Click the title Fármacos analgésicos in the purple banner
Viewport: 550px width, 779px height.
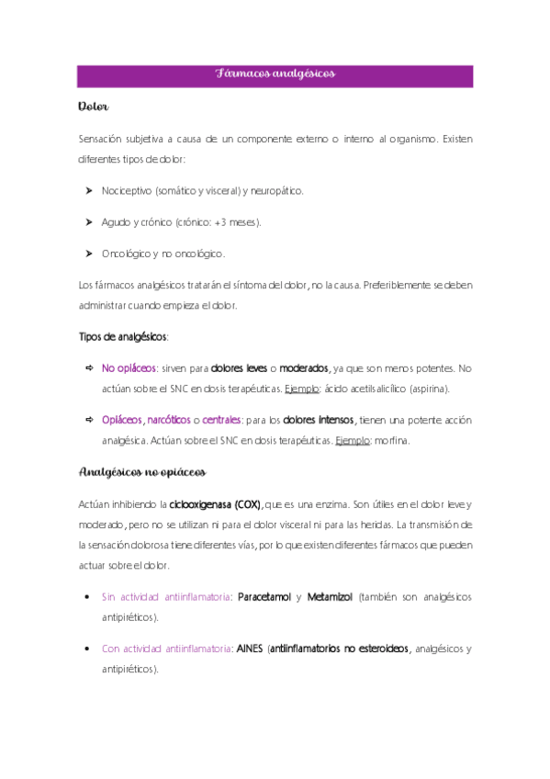tap(275, 73)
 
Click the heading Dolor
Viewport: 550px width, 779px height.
tap(94, 107)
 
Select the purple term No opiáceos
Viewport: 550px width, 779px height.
tap(129, 367)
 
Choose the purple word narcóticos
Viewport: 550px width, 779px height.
tap(168, 420)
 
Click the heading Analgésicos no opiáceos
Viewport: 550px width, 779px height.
tap(142, 472)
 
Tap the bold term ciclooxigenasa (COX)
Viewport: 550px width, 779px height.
tap(216, 503)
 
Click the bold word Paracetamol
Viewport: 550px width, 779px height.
tap(264, 597)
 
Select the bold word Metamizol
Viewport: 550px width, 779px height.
tap(330, 597)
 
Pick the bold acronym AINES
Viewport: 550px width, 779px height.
tap(249, 649)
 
